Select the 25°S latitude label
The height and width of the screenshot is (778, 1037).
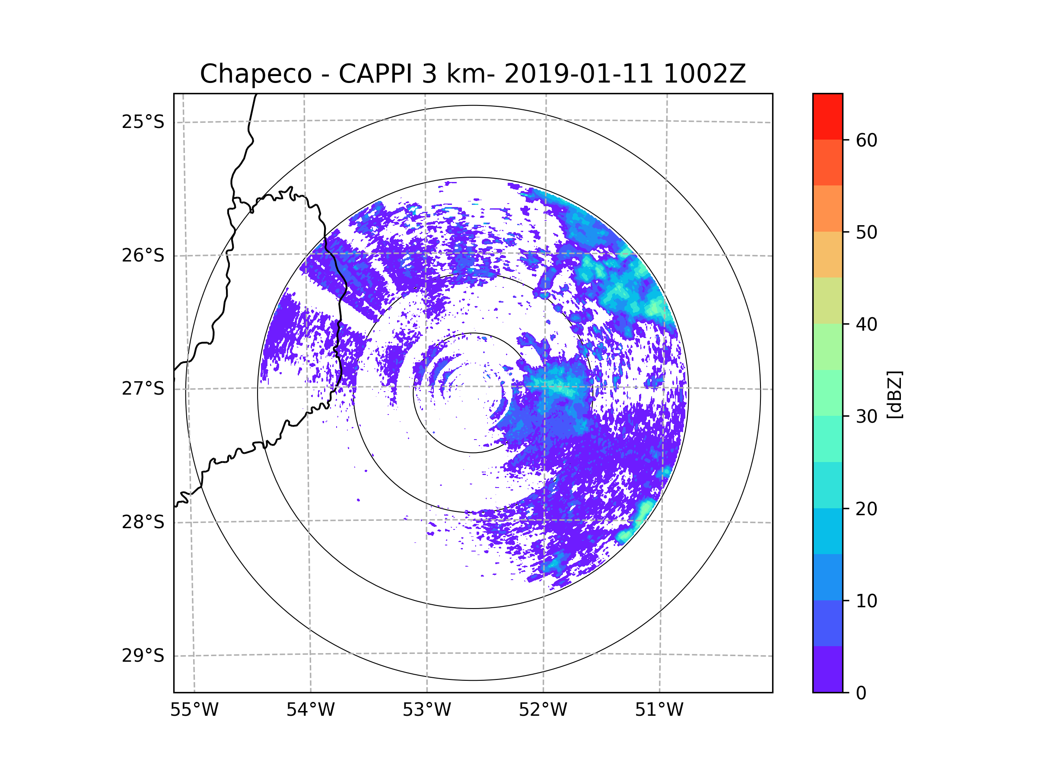[x=143, y=122]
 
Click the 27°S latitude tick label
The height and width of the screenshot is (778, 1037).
[x=143, y=389]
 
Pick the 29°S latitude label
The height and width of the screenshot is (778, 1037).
[x=143, y=656]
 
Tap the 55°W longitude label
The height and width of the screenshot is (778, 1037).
[x=194, y=710]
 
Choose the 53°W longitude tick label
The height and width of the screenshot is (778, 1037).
[x=426, y=710]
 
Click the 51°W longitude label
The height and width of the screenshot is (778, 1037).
[x=659, y=710]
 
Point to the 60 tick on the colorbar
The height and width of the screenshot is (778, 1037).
[x=866, y=140]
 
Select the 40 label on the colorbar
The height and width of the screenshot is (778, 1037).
[x=866, y=324]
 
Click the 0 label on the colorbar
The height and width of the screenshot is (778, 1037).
[x=861, y=693]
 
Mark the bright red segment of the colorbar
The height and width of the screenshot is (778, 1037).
[x=828, y=117]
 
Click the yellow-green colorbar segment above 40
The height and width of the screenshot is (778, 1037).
[x=828, y=300]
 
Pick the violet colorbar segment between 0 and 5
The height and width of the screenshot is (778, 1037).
[x=828, y=669]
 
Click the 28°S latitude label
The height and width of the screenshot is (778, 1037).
[x=143, y=522]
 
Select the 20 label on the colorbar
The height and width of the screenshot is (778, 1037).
[x=866, y=509]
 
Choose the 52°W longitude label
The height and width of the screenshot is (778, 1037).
[x=543, y=710]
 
